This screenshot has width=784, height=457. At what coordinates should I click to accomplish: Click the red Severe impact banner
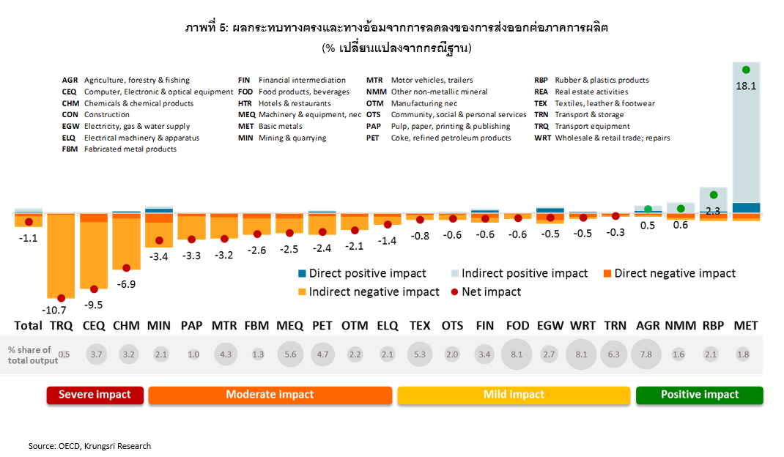(95, 395)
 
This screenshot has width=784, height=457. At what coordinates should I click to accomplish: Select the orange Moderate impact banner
(270, 395)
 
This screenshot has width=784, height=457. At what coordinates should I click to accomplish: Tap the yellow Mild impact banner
(514, 395)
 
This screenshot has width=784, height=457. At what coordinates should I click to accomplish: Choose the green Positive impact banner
(700, 395)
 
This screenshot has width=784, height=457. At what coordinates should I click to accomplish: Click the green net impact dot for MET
(746, 70)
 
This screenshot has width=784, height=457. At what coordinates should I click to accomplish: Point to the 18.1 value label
(746, 85)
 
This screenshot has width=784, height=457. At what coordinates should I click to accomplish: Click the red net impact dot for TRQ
(61, 298)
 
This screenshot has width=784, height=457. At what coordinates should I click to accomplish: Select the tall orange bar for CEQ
(94, 256)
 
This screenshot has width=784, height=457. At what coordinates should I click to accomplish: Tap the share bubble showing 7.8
(646, 355)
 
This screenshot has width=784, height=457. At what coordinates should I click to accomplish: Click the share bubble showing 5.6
(291, 355)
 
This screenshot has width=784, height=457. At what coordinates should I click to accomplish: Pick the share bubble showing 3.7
(96, 355)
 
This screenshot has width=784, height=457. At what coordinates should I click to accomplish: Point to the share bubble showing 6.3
(614, 355)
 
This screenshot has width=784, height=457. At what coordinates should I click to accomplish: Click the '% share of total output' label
(30, 355)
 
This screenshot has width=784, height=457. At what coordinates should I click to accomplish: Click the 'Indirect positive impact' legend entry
(519, 273)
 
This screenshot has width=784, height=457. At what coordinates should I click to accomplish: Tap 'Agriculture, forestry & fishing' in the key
(136, 81)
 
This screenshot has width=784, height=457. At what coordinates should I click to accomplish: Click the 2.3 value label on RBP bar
(711, 211)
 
